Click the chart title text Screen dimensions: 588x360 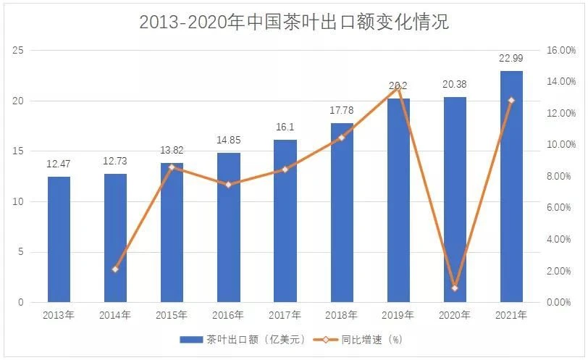[x=294, y=22]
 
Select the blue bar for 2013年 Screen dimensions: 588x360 [x=59, y=239]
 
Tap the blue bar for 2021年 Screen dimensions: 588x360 [x=511, y=186]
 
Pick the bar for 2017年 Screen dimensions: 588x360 [x=285, y=221]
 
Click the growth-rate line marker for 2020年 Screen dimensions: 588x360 [x=455, y=288]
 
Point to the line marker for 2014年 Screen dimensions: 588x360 [x=115, y=269]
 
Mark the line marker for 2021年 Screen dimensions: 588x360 [x=511, y=100]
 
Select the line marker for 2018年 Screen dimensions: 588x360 [x=341, y=138]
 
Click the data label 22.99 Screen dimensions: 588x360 [x=511, y=58]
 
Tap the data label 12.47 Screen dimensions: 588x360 [x=59, y=164]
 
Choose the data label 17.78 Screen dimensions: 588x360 [x=342, y=110]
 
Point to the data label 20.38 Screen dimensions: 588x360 [x=455, y=84]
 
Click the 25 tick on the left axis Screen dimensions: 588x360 [x=18, y=50]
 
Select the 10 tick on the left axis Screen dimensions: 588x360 [x=18, y=201]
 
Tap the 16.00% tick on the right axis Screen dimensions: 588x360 [x=561, y=50]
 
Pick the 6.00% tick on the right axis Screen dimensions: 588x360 [x=559, y=207]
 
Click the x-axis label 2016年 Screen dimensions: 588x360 [x=228, y=315]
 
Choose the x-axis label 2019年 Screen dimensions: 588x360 [x=398, y=315]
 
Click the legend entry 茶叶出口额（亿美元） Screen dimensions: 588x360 [x=243, y=340]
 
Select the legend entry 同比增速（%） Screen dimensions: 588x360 [x=358, y=340]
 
